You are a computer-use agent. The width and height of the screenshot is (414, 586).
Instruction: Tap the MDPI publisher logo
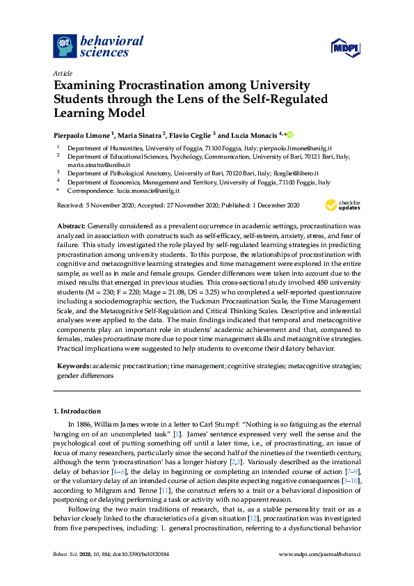tap(345, 47)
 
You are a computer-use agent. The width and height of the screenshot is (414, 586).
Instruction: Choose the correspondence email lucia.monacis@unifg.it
tap(148, 190)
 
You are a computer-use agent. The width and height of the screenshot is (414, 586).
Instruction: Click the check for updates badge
tap(343, 205)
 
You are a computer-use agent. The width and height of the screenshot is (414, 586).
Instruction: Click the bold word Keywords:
tap(73, 365)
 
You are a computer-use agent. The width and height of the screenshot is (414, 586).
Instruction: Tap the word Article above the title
tap(61, 72)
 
